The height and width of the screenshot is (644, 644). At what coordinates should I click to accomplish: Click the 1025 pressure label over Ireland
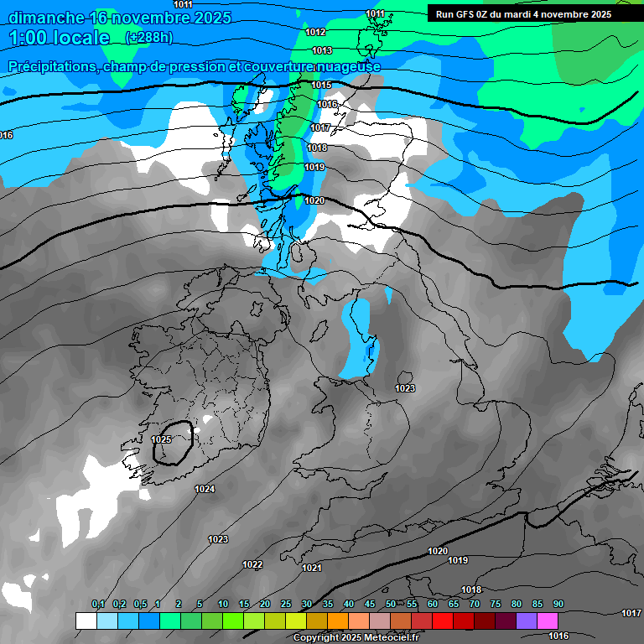[x=162, y=439]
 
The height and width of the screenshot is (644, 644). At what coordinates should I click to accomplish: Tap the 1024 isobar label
[x=205, y=489]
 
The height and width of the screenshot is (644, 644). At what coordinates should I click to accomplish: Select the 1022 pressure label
[x=252, y=564]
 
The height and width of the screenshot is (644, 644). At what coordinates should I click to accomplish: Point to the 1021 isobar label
[x=312, y=568]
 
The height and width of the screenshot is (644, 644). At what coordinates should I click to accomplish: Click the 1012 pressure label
[x=315, y=32]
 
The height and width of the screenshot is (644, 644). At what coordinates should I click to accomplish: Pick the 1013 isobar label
[x=322, y=50]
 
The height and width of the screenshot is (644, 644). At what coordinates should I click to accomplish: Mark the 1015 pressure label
[x=321, y=85]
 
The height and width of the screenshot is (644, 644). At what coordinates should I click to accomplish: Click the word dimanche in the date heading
[x=46, y=17]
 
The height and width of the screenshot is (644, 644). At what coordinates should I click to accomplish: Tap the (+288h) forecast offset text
[x=149, y=38]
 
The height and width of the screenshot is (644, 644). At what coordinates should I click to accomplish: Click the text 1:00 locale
[x=59, y=38]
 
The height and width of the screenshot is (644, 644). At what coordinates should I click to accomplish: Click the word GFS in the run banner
[x=465, y=14]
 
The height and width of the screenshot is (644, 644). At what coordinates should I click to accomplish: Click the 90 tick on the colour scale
[x=558, y=605]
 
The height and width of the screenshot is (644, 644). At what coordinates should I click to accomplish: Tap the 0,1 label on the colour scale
[x=98, y=605]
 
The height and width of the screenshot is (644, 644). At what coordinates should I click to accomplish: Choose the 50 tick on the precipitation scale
[x=391, y=605]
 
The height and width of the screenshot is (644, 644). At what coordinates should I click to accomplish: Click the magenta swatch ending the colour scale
[x=548, y=621]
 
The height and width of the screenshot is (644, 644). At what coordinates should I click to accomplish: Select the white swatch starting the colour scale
[x=86, y=621]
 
